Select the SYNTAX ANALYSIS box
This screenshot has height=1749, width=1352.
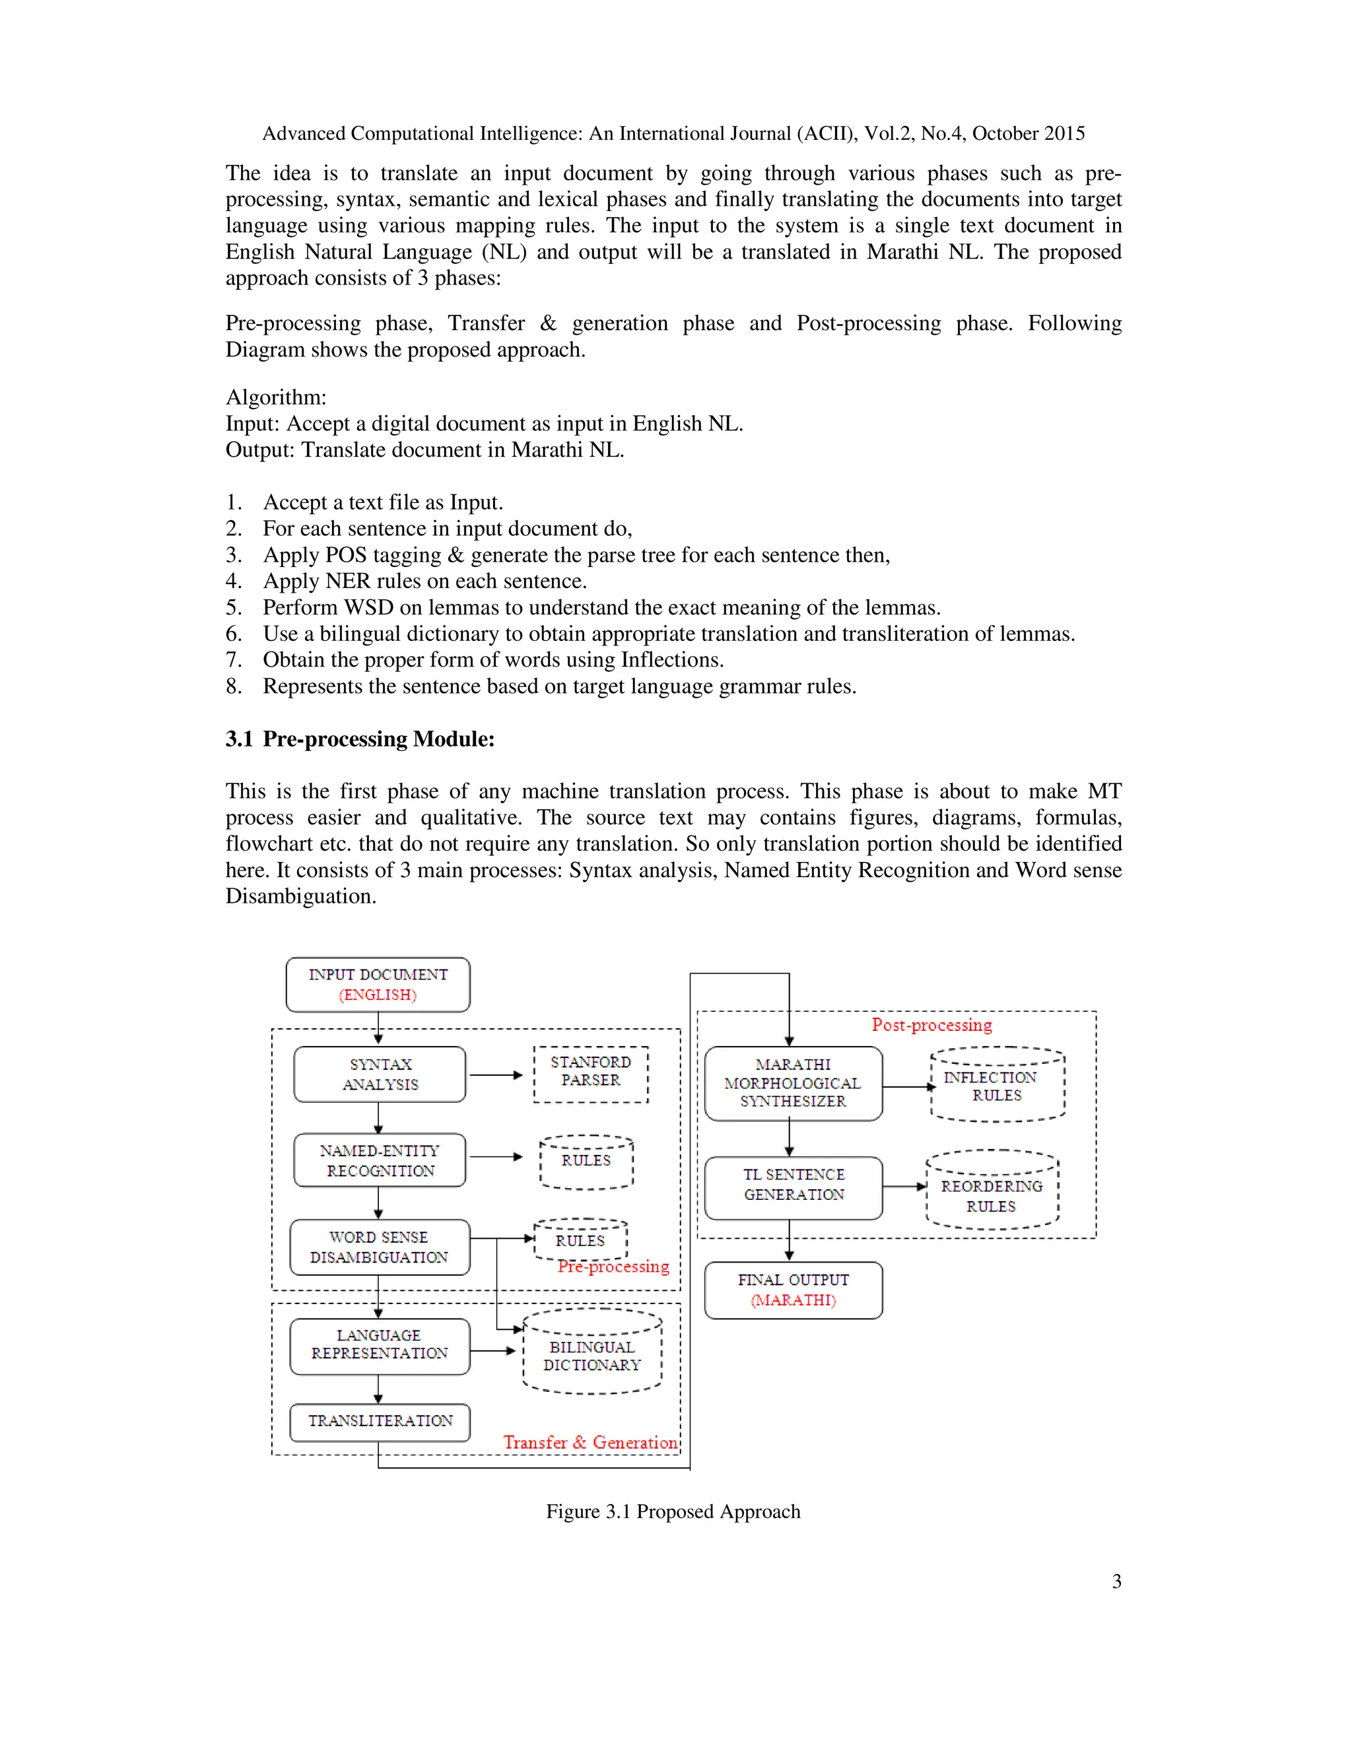point(379,1074)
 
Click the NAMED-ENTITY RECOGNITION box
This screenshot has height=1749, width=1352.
point(379,1160)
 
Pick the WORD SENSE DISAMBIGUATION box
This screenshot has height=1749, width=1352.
point(379,1247)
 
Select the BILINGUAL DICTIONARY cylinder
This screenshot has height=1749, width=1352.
point(592,1354)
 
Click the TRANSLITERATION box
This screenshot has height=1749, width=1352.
point(379,1422)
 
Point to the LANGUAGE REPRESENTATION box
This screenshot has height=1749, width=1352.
point(379,1344)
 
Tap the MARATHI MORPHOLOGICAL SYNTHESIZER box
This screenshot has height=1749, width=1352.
point(793,1082)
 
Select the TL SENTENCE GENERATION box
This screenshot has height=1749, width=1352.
point(793,1185)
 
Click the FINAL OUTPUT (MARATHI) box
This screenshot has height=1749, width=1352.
point(793,1290)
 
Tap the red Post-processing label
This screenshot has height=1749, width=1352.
point(931,1025)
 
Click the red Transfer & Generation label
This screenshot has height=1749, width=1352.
point(590,1442)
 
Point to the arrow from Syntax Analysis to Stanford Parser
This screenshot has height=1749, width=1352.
point(496,1074)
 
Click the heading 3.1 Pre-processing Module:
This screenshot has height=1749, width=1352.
point(360,739)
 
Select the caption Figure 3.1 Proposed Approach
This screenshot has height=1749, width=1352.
point(673,1511)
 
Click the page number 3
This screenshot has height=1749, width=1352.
point(1116,1581)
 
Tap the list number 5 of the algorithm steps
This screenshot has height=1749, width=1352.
point(232,608)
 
